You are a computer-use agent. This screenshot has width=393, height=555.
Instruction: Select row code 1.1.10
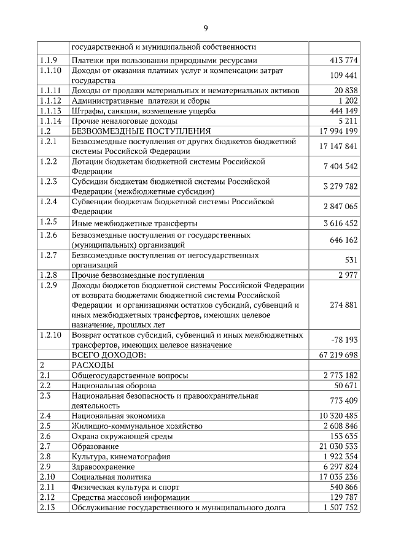coord(50,71)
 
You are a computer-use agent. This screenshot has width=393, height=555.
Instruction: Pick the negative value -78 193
coord(343,339)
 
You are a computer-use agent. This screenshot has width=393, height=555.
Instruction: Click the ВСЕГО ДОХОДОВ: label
coord(109,354)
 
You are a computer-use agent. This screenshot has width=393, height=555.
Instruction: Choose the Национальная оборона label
coord(114,386)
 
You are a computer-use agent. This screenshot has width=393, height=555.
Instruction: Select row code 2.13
coord(48,507)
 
